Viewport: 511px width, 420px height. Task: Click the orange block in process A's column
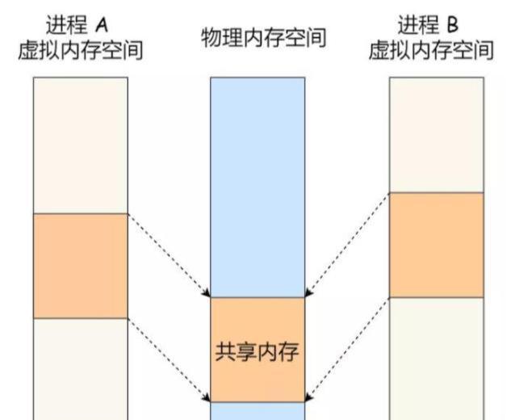click(81, 265)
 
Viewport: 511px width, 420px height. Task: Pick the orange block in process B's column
click(436, 245)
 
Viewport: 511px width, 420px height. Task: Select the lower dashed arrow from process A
click(169, 359)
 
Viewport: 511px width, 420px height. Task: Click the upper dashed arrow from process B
click(347, 245)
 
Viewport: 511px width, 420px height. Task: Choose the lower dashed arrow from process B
click(347, 349)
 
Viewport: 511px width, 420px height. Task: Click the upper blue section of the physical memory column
click(258, 186)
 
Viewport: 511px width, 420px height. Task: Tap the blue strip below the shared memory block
click(258, 411)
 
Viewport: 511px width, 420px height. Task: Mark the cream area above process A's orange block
click(81, 145)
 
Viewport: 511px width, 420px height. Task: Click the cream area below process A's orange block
click(81, 368)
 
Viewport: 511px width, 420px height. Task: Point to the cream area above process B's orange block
click(436, 134)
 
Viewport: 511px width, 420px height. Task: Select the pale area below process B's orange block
click(436, 358)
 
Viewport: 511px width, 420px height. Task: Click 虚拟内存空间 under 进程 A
click(81, 51)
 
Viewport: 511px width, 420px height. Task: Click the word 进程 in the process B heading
click(417, 24)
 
